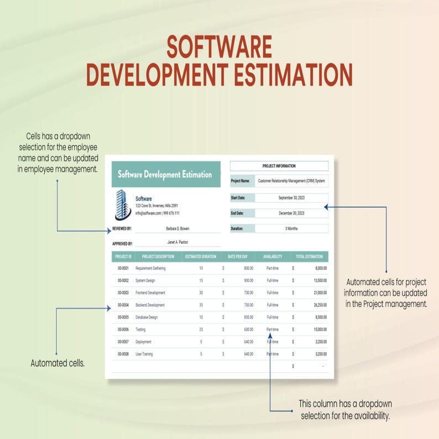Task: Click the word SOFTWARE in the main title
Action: point(219,48)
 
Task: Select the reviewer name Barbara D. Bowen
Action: point(177,228)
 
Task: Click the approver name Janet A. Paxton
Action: point(177,242)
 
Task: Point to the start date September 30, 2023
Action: point(291,198)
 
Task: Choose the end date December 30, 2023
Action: point(291,213)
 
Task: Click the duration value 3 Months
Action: point(291,228)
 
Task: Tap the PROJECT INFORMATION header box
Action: point(279,166)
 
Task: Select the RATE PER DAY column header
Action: point(238,257)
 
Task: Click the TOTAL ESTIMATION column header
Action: point(309,257)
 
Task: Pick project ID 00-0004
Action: point(123,305)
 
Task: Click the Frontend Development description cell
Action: point(150,292)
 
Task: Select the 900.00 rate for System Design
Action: point(248,280)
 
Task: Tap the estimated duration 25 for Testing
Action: point(201,330)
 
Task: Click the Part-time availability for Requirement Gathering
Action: point(273,268)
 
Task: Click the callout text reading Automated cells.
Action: point(58,363)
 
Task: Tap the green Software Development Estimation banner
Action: point(165,175)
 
